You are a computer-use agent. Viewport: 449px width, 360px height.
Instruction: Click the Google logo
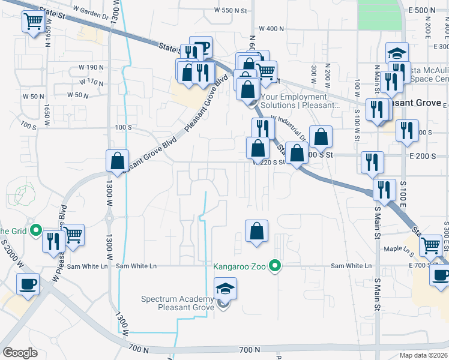click(20, 353)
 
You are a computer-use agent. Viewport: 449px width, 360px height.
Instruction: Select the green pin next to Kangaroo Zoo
click(276, 265)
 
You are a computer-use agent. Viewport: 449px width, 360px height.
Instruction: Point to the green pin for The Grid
click(35, 230)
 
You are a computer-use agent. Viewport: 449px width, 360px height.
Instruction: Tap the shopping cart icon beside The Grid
click(73, 235)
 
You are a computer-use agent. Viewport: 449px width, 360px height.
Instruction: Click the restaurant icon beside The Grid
click(54, 241)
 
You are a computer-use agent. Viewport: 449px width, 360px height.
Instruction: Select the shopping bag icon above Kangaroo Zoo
click(256, 231)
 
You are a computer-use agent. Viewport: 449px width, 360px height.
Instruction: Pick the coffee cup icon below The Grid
click(29, 283)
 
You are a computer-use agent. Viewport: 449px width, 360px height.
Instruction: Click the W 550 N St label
click(231, 11)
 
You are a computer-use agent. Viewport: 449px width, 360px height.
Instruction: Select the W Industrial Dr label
click(288, 128)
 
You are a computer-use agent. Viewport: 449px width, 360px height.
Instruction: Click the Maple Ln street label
click(397, 248)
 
